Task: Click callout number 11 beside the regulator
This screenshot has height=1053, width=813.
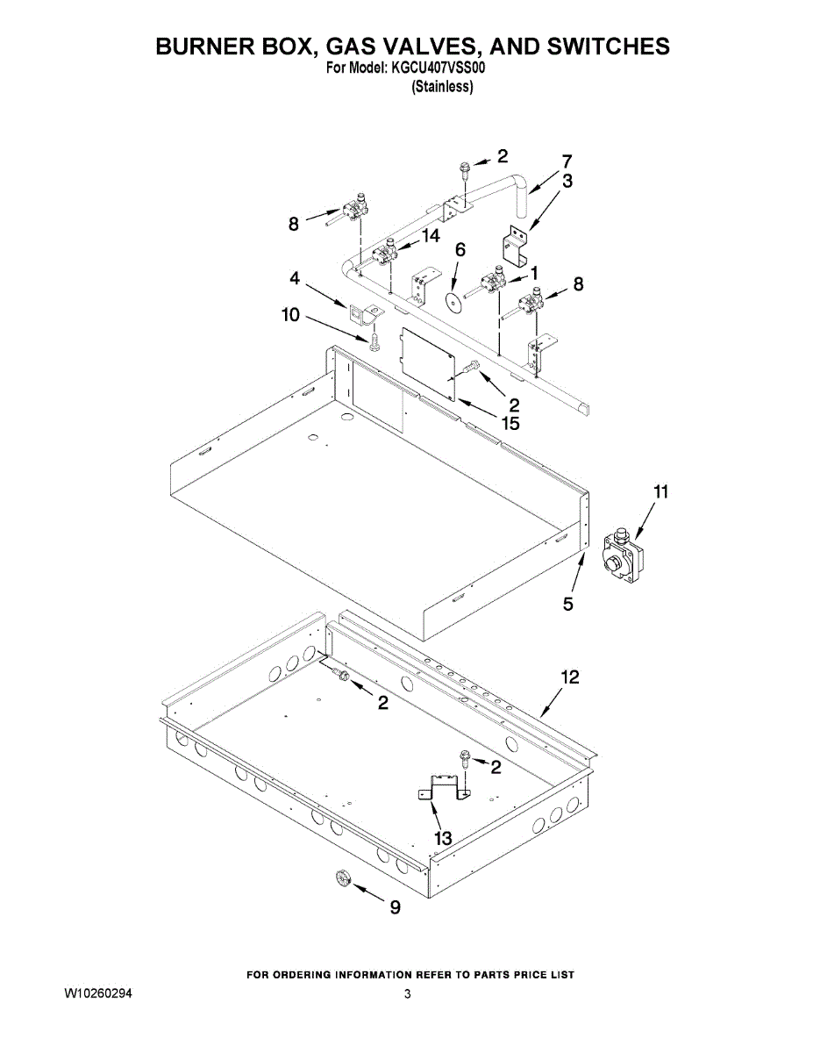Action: click(660, 492)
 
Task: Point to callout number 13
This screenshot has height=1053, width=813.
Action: click(444, 838)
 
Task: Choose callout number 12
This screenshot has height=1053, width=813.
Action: click(570, 677)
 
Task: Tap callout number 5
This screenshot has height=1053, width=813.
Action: click(568, 604)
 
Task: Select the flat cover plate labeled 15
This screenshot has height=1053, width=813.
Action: click(428, 362)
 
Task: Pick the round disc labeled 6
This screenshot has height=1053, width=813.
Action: click(453, 302)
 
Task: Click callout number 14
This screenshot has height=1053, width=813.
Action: click(430, 234)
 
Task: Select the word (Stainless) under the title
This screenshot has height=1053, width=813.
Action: click(442, 86)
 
